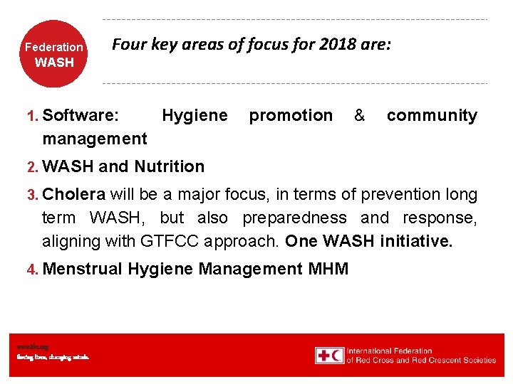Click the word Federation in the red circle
54,48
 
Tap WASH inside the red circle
54,63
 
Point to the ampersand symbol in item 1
359,115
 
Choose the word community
432,115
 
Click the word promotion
291,115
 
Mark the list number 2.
31,167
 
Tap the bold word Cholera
74,194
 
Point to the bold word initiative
416,241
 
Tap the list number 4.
31,270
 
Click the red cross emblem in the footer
323,355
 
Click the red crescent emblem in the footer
336,355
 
